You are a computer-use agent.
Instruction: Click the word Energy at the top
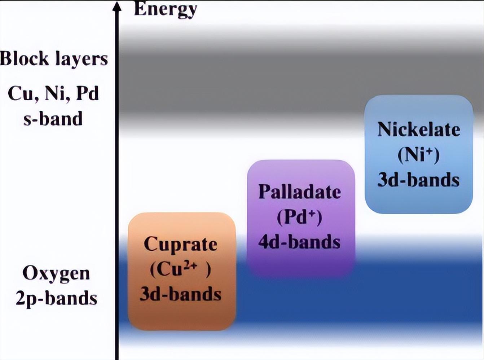166,9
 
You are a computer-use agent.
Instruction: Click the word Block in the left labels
25,58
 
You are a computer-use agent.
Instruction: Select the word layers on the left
82,59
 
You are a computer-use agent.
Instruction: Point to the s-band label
53,119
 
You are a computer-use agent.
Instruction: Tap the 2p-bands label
56,299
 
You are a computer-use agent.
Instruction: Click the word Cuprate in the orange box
181,245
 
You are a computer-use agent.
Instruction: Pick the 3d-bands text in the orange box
181,294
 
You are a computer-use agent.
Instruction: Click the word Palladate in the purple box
300,192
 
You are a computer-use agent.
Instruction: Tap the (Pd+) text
299,217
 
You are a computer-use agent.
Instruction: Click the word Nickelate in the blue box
419,129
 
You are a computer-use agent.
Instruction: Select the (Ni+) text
418,155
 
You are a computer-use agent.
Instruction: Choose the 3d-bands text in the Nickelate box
418,180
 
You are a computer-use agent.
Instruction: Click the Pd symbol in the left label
87,93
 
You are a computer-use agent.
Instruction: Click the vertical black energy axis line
117,180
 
